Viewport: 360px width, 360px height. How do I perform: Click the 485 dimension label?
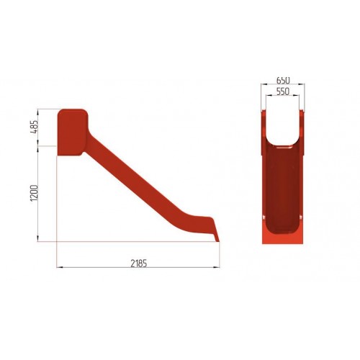click(35, 127)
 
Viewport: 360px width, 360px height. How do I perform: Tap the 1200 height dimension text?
click(35, 193)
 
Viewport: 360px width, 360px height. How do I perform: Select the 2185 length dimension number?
click(139, 264)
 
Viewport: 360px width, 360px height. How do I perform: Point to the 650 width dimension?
click(283, 80)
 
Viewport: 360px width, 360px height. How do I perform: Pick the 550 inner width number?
click(283, 91)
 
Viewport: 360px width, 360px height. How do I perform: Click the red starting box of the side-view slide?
click(72, 132)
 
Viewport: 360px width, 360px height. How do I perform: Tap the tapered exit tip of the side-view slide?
click(216, 236)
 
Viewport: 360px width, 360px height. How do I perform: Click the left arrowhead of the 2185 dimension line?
click(59, 267)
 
